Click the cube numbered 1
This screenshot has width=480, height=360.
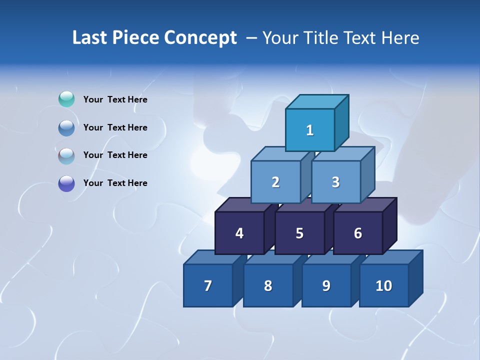click(x=310, y=130)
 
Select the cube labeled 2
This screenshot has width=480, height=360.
click(x=275, y=182)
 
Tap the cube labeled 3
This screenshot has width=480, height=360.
click(x=335, y=182)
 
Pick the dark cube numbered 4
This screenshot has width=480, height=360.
click(x=239, y=233)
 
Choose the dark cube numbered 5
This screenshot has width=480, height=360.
click(x=299, y=233)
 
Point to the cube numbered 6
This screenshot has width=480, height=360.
click(x=358, y=233)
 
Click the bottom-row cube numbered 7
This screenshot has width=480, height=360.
click(x=208, y=285)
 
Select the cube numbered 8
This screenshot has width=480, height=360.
click(x=268, y=285)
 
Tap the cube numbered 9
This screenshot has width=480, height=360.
click(x=326, y=285)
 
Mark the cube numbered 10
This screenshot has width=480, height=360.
click(x=384, y=285)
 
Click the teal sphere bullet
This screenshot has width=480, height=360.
click(x=66, y=99)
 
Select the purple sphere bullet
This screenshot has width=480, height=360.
click(x=66, y=183)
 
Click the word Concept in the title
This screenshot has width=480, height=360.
click(x=200, y=37)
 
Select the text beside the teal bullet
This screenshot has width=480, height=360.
click(x=115, y=99)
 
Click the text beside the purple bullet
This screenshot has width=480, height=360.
click(x=115, y=183)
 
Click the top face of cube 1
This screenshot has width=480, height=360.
click(x=317, y=101)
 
